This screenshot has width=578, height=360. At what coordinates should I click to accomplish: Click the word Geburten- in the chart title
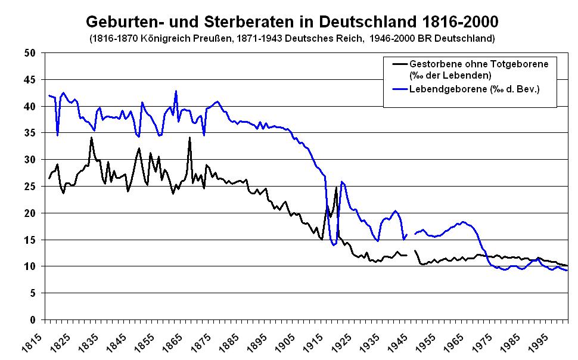coord(121,22)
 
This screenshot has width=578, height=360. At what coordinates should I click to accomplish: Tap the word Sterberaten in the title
coord(235,22)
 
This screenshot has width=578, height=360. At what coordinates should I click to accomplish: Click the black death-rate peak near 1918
coord(336,188)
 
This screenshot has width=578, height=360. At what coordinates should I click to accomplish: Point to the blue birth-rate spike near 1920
coord(341,182)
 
